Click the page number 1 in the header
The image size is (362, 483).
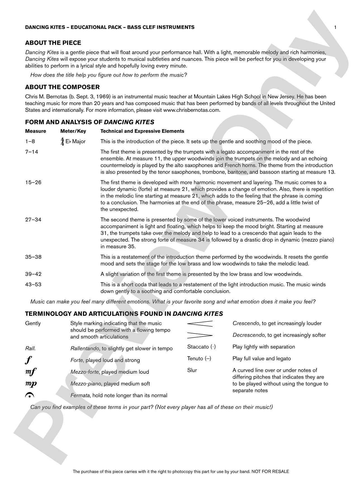click(x=335, y=27)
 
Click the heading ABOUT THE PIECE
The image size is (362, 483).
click(x=53, y=43)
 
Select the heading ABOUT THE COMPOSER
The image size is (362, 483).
click(x=62, y=87)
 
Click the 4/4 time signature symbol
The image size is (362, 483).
click(x=62, y=142)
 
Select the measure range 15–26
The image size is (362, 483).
click(x=33, y=183)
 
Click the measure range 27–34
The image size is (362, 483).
click(x=33, y=220)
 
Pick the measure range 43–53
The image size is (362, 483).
click(x=33, y=285)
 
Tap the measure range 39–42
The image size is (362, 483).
click(x=33, y=274)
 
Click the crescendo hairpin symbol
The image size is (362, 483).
click(x=200, y=324)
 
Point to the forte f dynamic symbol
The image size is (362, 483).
click(x=27, y=360)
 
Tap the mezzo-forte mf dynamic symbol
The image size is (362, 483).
click(x=31, y=372)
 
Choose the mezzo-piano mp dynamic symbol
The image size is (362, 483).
click(x=31, y=384)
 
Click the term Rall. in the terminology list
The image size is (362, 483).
click(x=30, y=349)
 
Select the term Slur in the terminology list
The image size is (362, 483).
click(x=192, y=370)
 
